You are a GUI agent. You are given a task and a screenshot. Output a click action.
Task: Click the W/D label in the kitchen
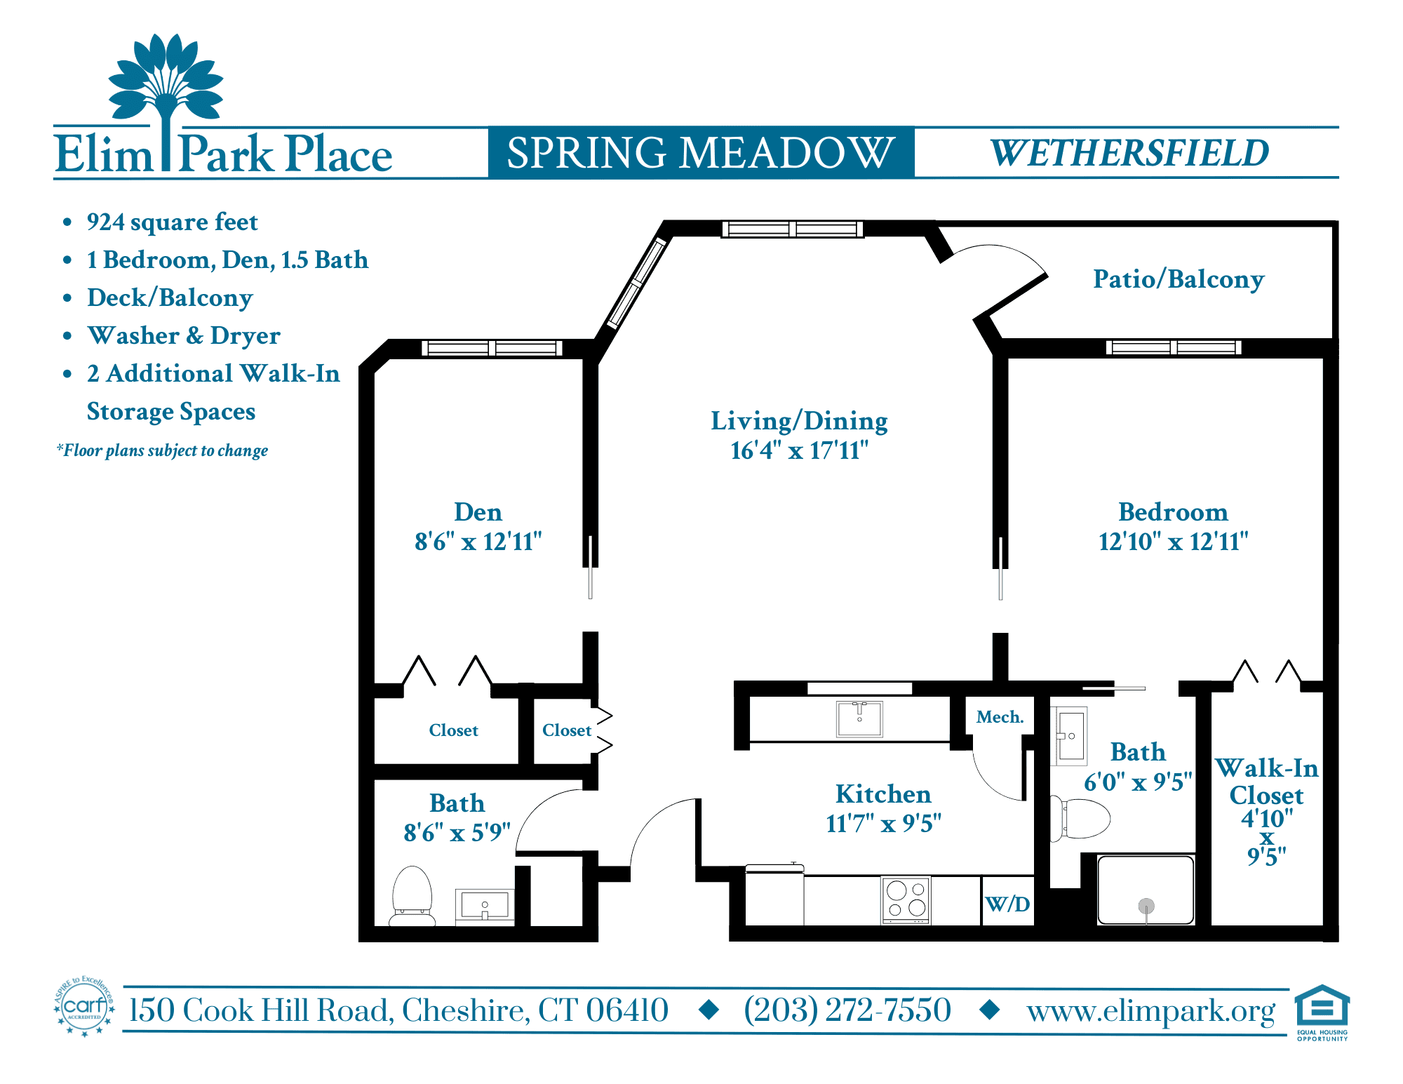pyautogui.click(x=1007, y=904)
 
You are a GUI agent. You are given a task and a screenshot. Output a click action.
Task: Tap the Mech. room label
pyautogui.click(x=1000, y=717)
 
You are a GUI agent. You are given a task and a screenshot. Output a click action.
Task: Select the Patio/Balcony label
pyautogui.click(x=1179, y=279)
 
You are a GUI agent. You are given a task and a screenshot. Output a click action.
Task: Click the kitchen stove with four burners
pyautogui.click(x=906, y=899)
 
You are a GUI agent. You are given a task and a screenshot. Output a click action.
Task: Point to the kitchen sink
pyautogui.click(x=859, y=718)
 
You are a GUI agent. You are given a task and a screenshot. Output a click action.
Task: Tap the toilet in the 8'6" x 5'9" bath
pyautogui.click(x=412, y=896)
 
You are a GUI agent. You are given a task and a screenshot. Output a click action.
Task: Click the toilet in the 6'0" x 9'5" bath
pyautogui.click(x=1080, y=818)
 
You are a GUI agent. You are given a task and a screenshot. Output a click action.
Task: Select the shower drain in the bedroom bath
pyautogui.click(x=1146, y=906)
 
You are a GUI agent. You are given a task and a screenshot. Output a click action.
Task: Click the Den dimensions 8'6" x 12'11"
pyautogui.click(x=478, y=542)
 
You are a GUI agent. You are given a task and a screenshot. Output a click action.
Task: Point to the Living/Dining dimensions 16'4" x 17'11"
pyautogui.click(x=800, y=450)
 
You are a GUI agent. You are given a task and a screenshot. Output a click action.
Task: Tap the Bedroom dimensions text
pyautogui.click(x=1174, y=542)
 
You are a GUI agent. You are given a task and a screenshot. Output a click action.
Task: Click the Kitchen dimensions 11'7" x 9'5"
pyautogui.click(x=884, y=823)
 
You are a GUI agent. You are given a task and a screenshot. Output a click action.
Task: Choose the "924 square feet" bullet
pyautogui.click(x=173, y=222)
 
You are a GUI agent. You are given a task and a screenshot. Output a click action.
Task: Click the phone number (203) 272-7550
pyautogui.click(x=847, y=1010)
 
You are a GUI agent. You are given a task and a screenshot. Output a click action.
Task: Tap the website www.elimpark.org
pyautogui.click(x=1151, y=1011)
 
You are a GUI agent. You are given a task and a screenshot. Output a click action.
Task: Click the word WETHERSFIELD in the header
pyautogui.click(x=1129, y=153)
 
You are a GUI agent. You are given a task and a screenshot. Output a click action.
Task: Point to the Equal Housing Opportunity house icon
pyautogui.click(x=1322, y=1006)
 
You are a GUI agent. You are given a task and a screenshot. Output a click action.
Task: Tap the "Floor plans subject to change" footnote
pyautogui.click(x=162, y=450)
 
